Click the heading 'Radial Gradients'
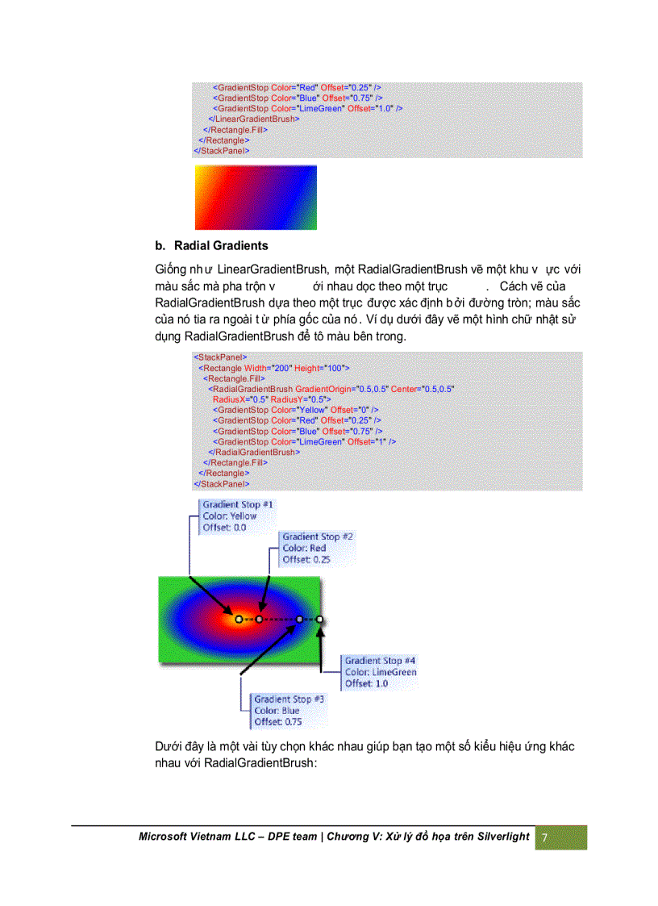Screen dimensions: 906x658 [220, 245]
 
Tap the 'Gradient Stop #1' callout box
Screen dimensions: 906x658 [237, 516]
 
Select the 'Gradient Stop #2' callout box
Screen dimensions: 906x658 [317, 548]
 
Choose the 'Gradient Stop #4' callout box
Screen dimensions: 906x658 [380, 672]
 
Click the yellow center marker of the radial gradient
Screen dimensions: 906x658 [239, 620]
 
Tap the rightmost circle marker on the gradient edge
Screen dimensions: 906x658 [320, 620]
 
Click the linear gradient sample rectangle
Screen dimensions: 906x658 [256, 198]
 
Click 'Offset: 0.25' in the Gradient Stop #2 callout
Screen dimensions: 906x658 [306, 559]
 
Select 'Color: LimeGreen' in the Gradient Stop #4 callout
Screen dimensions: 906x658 [381, 672]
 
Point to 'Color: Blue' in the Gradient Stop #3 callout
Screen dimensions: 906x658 [277, 711]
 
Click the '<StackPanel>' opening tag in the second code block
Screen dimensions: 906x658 [220, 357]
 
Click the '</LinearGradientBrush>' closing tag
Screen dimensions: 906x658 [254, 119]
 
